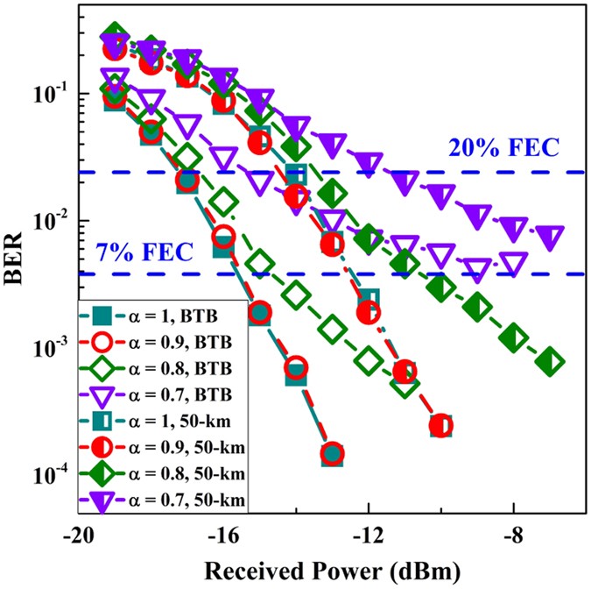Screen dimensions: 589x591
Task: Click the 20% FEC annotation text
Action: click(503, 148)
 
